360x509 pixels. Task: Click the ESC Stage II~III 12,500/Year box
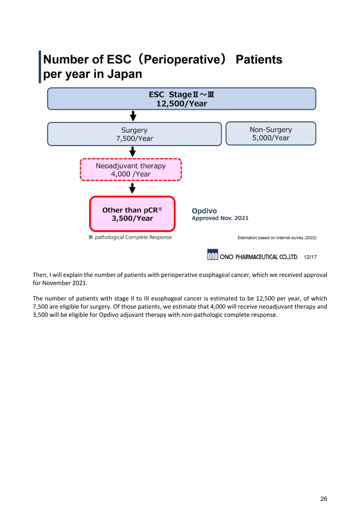(x=181, y=99)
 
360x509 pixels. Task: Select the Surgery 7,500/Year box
(x=134, y=134)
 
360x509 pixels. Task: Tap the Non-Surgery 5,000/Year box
(x=270, y=134)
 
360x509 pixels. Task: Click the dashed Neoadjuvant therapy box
(x=130, y=170)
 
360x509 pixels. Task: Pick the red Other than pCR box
(x=132, y=214)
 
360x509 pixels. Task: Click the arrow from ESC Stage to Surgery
(x=133, y=117)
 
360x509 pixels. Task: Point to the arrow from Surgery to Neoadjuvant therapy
(x=133, y=152)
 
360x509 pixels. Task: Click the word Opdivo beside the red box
(x=204, y=210)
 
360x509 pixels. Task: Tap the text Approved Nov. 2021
(x=220, y=218)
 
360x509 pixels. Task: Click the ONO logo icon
(x=212, y=255)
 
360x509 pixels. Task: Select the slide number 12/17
(x=310, y=257)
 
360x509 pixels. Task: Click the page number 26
(x=324, y=499)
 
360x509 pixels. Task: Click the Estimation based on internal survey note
(x=277, y=237)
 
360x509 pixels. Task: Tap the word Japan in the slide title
(x=124, y=74)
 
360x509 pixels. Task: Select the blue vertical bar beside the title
(x=40, y=67)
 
